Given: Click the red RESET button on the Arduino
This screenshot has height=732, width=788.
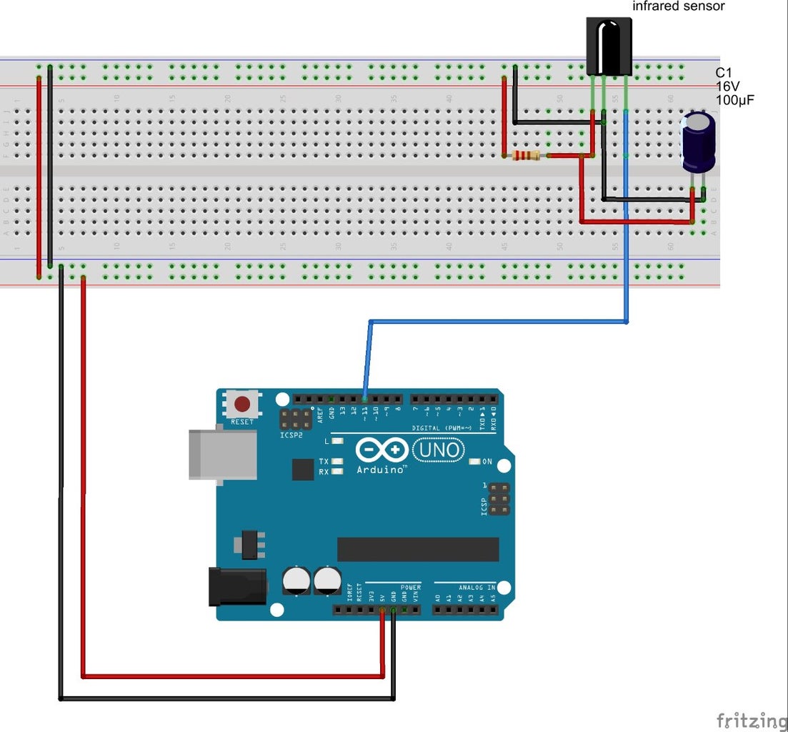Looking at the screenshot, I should (x=242, y=403).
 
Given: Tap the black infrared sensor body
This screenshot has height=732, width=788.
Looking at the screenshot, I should (x=609, y=46).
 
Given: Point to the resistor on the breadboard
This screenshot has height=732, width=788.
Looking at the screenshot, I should (x=526, y=155).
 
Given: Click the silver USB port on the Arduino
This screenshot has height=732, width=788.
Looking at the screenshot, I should (x=222, y=455).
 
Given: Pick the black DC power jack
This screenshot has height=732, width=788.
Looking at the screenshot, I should (x=236, y=586).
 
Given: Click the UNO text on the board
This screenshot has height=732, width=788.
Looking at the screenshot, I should (x=438, y=450).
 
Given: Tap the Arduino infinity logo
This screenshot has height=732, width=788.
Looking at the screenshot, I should (x=381, y=450).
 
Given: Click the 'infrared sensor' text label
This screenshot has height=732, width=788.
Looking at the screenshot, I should (x=679, y=6).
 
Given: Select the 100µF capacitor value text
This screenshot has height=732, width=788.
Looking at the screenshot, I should (x=735, y=100).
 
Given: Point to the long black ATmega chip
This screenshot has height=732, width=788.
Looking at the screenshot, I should (x=418, y=549).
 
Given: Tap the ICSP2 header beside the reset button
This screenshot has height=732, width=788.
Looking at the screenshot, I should (x=295, y=420).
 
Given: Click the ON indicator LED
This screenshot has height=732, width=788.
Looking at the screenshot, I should (x=474, y=462).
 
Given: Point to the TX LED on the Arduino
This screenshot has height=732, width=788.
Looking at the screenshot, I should (x=336, y=462).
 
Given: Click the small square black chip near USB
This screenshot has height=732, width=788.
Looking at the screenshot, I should (x=303, y=469).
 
